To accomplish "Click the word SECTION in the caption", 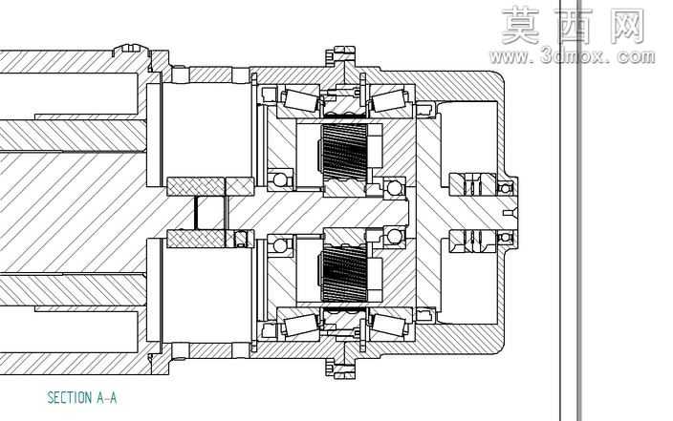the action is (69, 398).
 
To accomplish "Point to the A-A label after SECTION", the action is (106, 398).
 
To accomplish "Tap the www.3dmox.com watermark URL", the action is (572, 56).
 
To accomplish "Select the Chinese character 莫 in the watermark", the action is (520, 26).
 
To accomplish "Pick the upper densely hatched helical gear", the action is (344, 152).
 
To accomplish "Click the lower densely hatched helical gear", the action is (344, 274).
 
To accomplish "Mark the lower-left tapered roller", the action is (300, 325).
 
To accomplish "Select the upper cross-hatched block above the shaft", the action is (210, 186).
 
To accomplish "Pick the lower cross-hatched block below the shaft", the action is (196, 239).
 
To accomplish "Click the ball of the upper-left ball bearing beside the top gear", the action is (280, 179).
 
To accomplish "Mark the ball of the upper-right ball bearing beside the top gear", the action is (394, 187).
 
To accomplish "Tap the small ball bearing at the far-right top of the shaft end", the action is (505, 188).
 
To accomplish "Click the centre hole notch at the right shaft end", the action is (510, 213).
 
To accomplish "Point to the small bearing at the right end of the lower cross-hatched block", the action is (240, 239).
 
